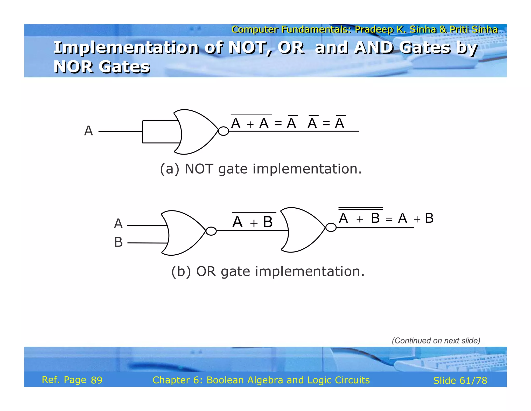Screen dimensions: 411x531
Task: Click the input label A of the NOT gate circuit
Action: point(88,131)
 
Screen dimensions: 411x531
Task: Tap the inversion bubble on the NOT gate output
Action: point(223,131)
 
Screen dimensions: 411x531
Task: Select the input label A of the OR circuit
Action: point(118,224)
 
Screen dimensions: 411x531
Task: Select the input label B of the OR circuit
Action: point(118,242)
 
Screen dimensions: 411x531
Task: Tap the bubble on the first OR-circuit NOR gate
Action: point(211,231)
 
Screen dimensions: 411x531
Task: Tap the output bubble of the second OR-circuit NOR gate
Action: point(331,228)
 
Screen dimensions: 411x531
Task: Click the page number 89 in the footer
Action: point(96,380)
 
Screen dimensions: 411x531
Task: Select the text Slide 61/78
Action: point(460,381)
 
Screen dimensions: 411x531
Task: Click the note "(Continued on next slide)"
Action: point(436,341)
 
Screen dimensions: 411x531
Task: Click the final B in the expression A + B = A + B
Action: point(429,218)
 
